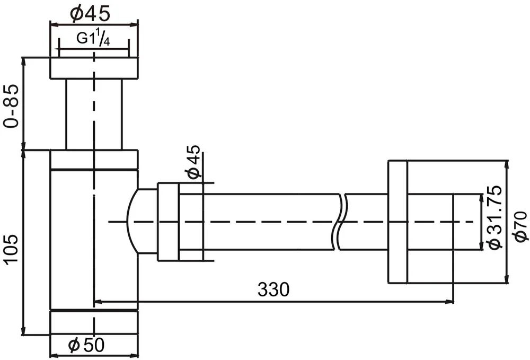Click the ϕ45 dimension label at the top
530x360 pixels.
[90, 14]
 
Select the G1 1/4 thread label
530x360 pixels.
[93, 39]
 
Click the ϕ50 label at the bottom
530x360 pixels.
[86, 345]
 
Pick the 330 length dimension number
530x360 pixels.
[273, 289]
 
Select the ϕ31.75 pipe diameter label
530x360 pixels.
[496, 217]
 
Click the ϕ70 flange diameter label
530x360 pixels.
[520, 226]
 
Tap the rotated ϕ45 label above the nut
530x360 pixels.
[193, 162]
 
